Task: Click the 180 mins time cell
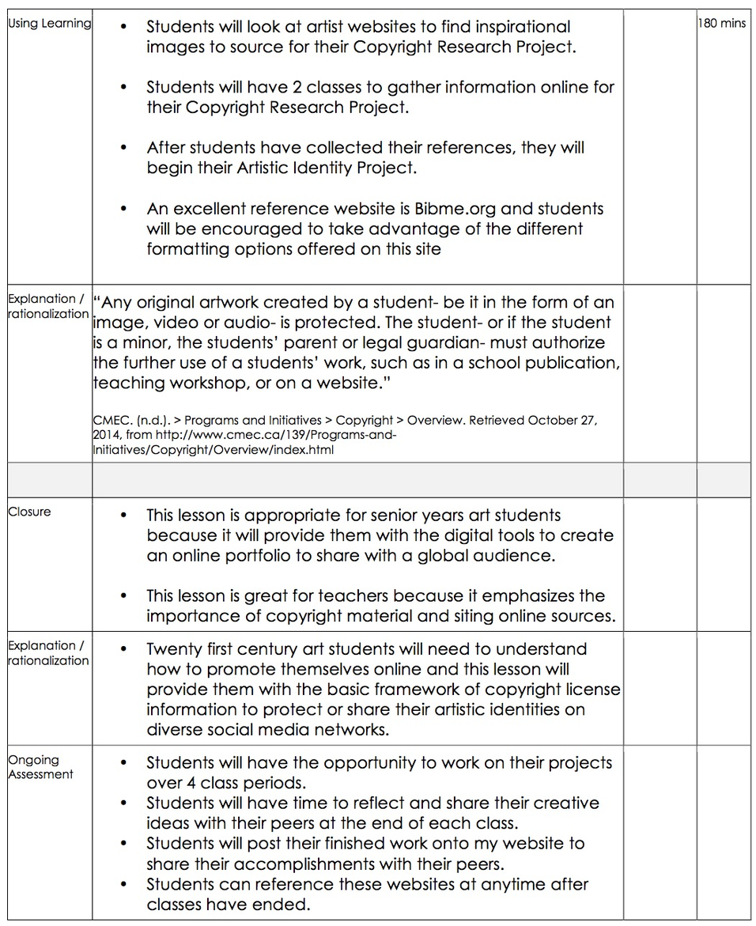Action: coord(721,24)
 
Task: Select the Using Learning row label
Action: coord(49,24)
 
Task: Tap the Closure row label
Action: coord(29,512)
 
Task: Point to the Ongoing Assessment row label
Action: coord(40,767)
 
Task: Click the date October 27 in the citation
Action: coord(562,421)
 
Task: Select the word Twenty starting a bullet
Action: coord(176,649)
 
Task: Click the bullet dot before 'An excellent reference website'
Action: coord(123,209)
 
